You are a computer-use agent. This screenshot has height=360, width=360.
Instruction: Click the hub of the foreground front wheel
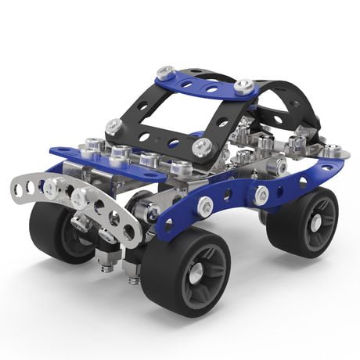tap(195, 273)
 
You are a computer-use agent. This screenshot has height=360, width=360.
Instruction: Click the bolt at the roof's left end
tap(164, 72)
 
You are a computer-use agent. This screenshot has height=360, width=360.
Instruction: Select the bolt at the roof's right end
tap(244, 85)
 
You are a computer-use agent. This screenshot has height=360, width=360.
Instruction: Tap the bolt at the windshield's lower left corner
tap(115, 126)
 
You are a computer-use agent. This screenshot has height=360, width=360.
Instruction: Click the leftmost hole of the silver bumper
tap(19, 189)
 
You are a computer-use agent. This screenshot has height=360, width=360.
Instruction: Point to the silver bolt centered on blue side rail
tap(205, 207)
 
